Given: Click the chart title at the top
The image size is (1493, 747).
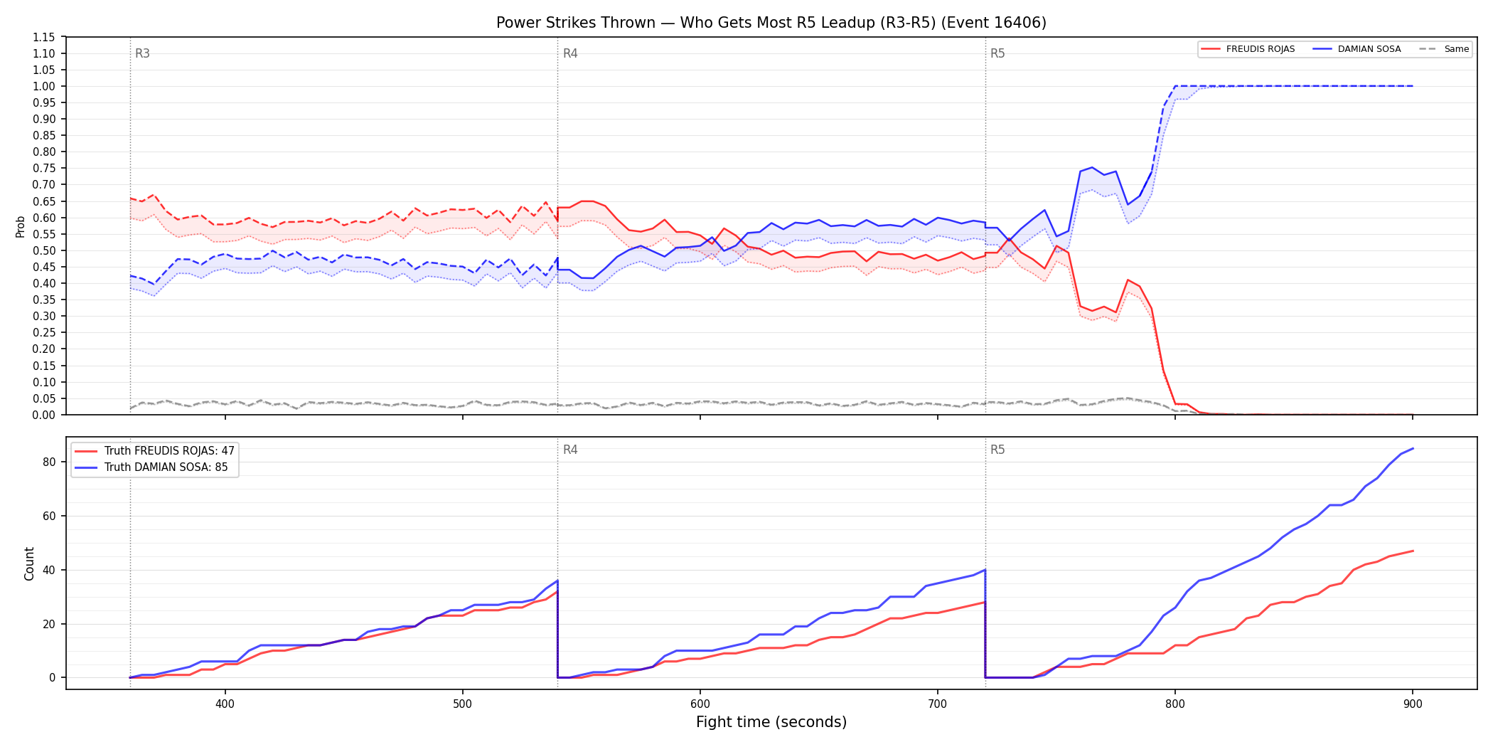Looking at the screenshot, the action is point(771,23).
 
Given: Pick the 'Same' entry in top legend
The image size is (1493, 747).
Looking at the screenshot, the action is point(1444,49).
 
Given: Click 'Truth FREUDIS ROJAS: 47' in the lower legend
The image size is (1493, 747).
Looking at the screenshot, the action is point(155,451).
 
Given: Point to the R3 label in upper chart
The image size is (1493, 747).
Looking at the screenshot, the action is point(142,53).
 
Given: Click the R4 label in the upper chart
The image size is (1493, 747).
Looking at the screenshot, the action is point(570,53).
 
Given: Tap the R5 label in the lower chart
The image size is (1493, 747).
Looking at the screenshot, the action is point(997,450).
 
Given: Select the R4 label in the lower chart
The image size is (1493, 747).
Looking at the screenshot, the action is point(570,450).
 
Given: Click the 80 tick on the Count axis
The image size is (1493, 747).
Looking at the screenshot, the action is point(49,462).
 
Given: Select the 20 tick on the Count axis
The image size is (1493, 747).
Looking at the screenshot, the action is point(49,624).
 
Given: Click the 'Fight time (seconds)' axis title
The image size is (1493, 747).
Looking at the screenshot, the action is point(771,722).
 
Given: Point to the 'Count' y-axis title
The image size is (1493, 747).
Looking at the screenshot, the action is point(29,563).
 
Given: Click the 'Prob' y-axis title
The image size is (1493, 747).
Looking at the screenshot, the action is point(21,226).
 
